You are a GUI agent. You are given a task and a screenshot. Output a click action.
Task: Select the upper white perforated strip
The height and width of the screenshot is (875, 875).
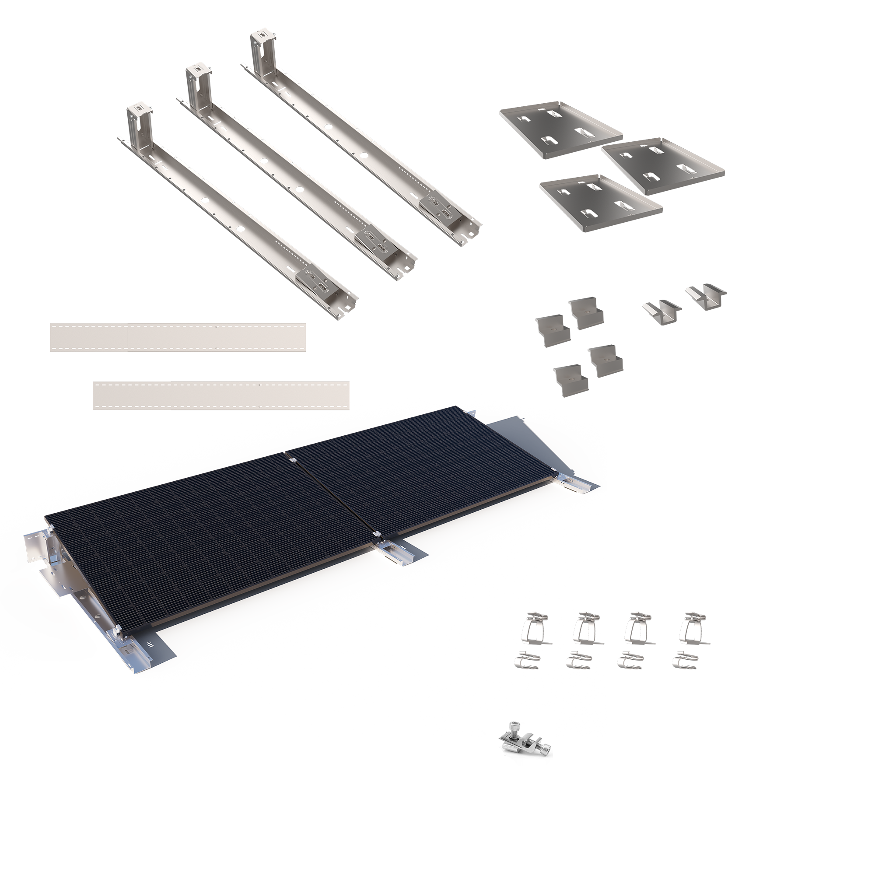(178, 337)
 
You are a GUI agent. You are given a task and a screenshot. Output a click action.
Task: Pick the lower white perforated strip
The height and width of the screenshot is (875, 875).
(221, 395)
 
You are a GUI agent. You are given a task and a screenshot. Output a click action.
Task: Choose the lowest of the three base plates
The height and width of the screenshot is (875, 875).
(601, 203)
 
